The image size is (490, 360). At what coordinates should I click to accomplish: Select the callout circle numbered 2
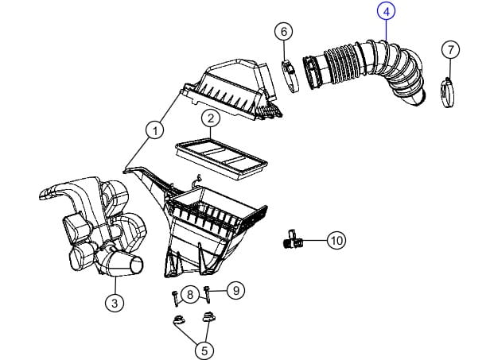[211, 118]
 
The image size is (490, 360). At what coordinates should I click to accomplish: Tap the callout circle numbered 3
[115, 303]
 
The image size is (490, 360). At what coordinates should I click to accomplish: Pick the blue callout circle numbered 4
[387, 12]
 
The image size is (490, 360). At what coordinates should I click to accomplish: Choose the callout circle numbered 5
[204, 350]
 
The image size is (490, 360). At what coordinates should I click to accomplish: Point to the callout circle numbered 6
[284, 32]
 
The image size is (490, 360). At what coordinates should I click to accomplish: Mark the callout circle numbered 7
[450, 49]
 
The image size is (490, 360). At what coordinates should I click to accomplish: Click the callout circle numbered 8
[190, 294]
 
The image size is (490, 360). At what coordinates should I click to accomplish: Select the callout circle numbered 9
[236, 290]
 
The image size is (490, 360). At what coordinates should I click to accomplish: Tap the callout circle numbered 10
[336, 241]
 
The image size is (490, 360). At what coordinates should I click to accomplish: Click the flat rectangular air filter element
[222, 158]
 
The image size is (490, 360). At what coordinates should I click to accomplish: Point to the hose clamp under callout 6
[290, 75]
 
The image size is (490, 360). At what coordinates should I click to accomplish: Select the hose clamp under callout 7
[448, 92]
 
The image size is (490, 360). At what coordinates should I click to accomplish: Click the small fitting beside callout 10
[294, 239]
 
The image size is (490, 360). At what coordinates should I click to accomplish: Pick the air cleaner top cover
[232, 90]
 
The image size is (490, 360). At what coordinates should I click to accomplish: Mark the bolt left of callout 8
[175, 298]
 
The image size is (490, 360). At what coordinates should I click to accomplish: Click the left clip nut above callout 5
[178, 319]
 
